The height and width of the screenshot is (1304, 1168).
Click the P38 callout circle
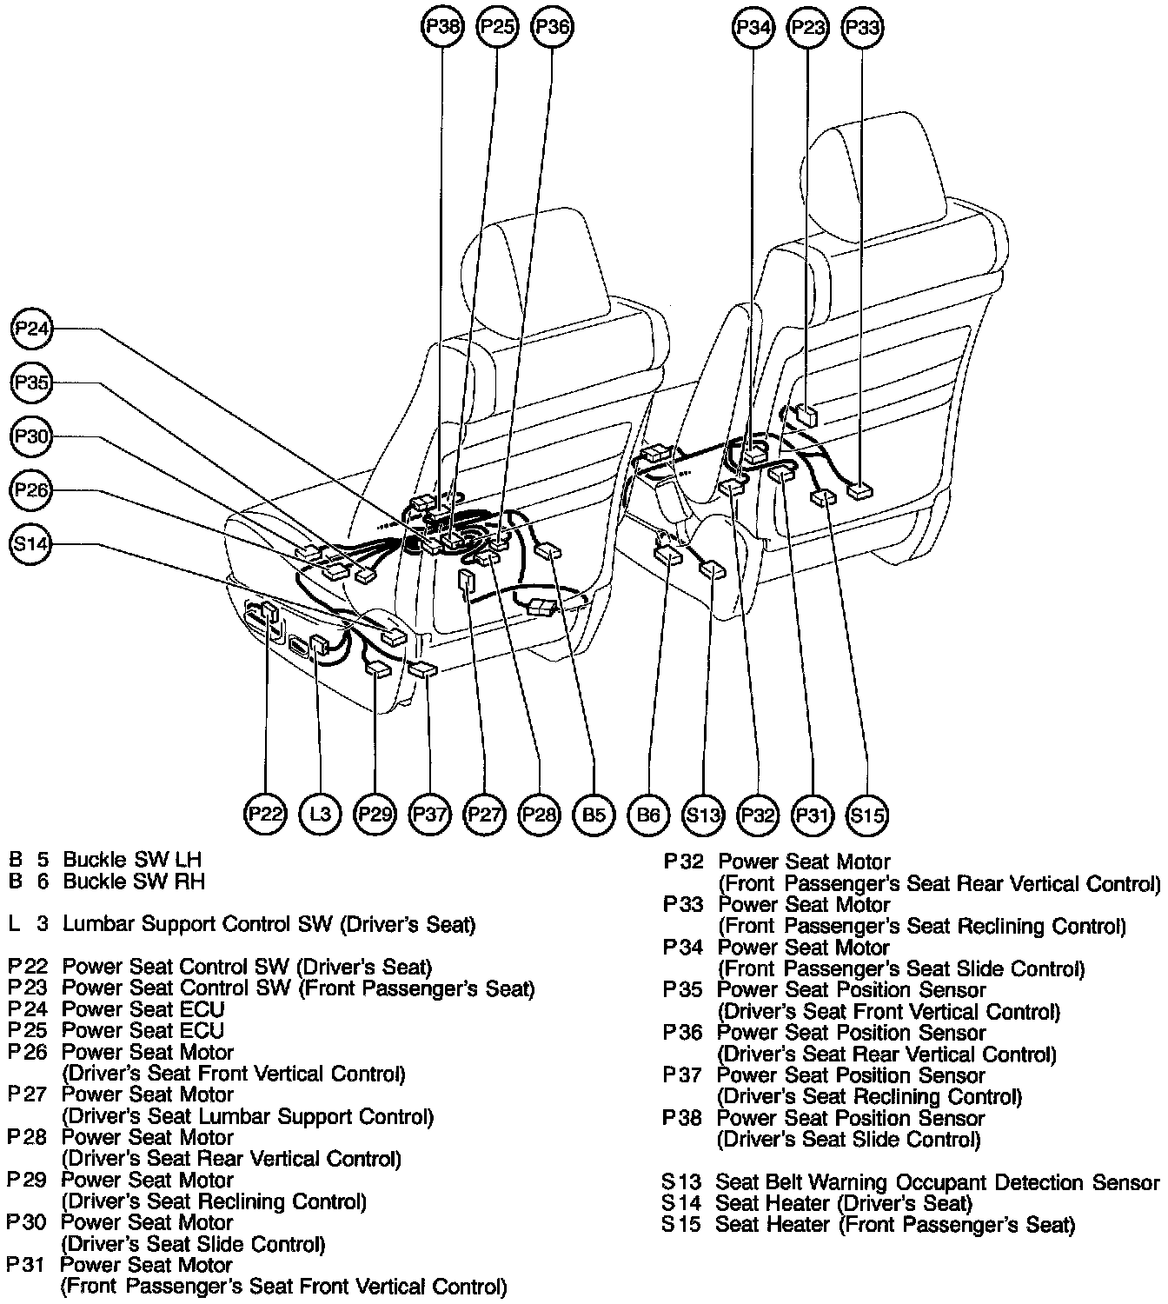(442, 27)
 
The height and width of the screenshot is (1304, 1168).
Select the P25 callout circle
(497, 27)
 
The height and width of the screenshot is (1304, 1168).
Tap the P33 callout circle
(862, 28)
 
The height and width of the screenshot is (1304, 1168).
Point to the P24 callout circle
(32, 329)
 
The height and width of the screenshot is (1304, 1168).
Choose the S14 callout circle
(32, 545)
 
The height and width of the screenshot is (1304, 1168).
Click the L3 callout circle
(321, 815)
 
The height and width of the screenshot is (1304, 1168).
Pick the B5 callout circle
(594, 815)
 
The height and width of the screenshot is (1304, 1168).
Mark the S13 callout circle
(703, 815)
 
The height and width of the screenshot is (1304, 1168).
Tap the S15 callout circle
(867, 815)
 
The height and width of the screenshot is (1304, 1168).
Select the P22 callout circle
(266, 815)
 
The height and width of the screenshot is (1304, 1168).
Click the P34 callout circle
(753, 28)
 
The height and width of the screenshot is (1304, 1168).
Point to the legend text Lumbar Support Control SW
(269, 924)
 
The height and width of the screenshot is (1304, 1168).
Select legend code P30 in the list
(26, 1222)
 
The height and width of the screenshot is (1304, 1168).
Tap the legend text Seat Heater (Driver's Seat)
(843, 1204)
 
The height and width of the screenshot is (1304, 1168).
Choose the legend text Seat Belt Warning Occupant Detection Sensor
(937, 1182)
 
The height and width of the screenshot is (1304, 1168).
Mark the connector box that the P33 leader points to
(860, 490)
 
